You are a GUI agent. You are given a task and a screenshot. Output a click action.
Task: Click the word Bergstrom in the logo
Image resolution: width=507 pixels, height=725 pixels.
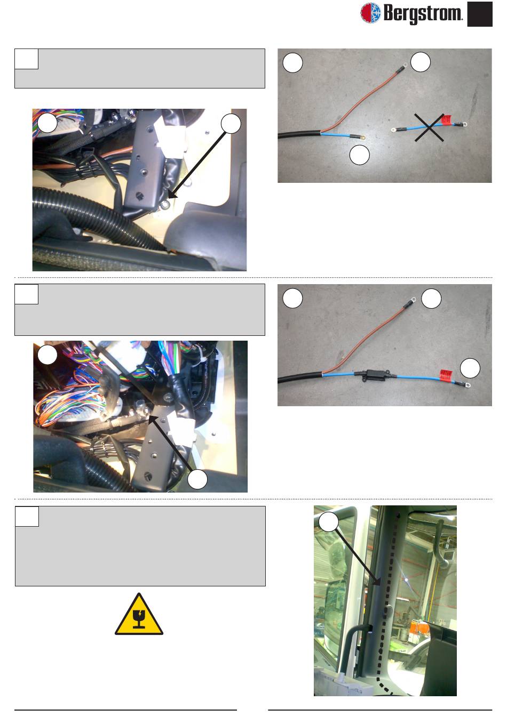click(x=423, y=14)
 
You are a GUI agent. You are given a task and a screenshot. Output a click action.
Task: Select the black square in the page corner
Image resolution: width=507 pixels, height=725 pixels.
click(x=479, y=14)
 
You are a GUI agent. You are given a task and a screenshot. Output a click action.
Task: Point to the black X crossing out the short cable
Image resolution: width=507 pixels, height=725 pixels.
click(x=429, y=127)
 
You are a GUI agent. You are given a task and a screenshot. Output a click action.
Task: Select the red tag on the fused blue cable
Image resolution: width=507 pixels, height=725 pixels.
click(x=446, y=375)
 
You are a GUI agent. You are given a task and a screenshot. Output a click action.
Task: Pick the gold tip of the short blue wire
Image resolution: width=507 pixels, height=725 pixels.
click(x=363, y=138)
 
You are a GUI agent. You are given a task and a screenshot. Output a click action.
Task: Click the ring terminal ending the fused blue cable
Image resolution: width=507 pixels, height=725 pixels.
click(x=467, y=385)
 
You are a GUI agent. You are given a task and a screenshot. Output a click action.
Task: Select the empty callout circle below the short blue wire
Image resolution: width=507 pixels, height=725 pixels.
click(x=360, y=155)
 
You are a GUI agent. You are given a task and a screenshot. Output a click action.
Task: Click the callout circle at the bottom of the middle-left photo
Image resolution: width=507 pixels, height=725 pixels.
click(x=197, y=479)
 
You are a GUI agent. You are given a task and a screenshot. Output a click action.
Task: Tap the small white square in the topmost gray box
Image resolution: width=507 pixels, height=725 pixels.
click(x=27, y=59)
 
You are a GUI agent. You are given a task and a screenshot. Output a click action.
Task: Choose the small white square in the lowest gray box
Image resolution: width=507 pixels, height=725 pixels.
click(x=27, y=517)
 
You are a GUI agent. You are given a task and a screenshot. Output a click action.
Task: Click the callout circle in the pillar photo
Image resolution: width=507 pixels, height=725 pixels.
click(x=329, y=521)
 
